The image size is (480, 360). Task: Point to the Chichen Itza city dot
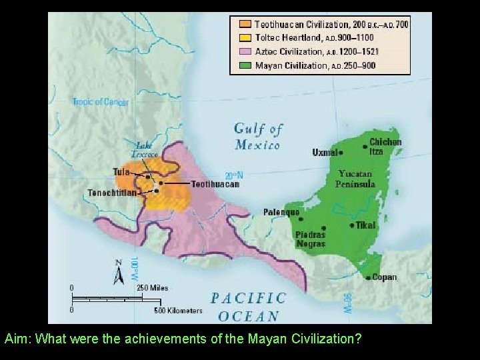pos(364,146)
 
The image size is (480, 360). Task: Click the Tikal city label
pos(366,225)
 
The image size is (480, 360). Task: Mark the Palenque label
pos(281,212)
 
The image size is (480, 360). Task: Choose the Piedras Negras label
pos(310,239)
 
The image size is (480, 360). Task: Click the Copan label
pos(384,277)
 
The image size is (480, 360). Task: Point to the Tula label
pos(121,171)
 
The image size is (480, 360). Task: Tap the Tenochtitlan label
pos(113,193)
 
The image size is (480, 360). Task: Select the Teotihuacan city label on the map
pos(214,183)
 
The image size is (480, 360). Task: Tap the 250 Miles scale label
pos(153,288)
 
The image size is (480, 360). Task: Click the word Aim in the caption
pos(16,339)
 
